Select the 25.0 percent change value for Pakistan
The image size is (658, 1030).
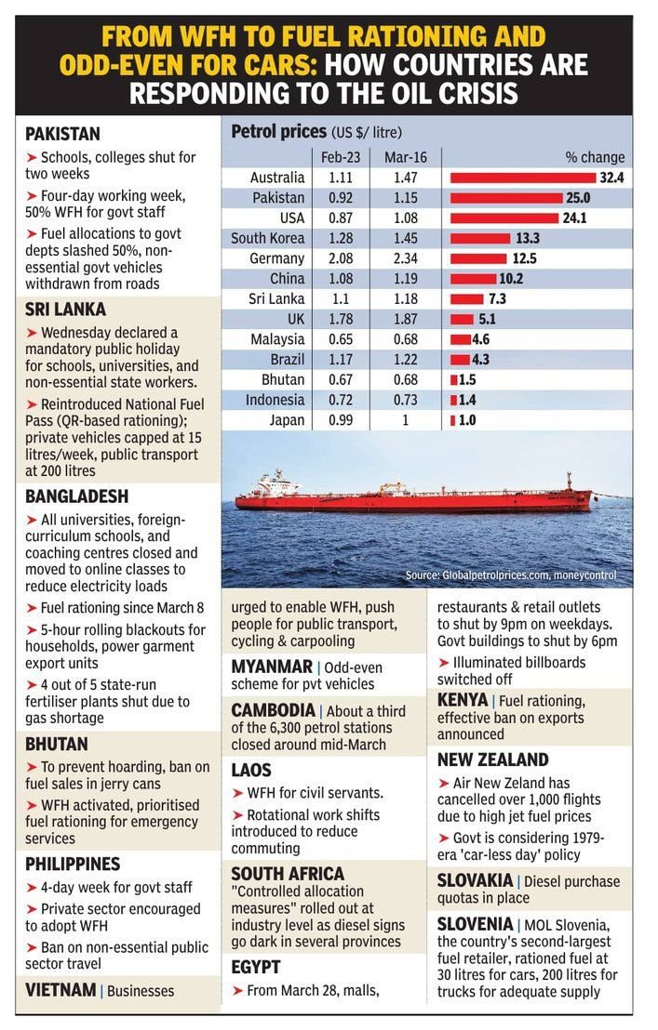pos(579,197)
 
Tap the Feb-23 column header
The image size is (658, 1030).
pos(341,157)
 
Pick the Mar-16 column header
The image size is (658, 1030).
pos(405,157)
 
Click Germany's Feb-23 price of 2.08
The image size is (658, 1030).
pos(341,258)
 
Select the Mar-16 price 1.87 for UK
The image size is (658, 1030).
pos(405,319)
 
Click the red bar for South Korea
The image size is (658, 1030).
pos(482,238)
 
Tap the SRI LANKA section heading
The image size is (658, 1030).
pos(65,310)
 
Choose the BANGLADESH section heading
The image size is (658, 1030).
pos(76,496)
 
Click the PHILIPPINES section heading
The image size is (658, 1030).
pos(73,864)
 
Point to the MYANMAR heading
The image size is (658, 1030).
pos(271,667)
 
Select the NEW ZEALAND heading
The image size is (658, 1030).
pos(492,759)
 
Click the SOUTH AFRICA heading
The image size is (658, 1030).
pos(287,874)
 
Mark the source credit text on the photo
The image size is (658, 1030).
pos(510,576)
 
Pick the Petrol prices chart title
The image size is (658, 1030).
pos(278,131)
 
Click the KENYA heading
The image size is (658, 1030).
pos(462,699)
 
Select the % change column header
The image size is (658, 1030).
pos(595,157)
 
